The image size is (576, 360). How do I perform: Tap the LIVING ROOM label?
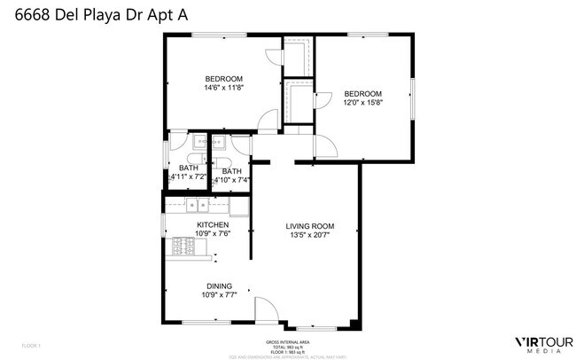(309, 226)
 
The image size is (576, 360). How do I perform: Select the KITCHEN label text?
(213, 225)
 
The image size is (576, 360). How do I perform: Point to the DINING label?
(219, 286)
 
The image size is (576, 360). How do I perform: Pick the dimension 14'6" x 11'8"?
(224, 88)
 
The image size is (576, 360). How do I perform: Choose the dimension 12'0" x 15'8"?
(362, 103)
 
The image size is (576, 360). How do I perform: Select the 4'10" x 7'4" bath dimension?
(232, 180)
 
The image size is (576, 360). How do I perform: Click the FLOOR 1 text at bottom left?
(31, 343)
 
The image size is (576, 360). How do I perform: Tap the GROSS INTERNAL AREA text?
(287, 341)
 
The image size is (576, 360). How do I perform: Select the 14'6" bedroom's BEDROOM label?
(224, 78)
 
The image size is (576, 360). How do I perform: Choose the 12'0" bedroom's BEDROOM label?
(362, 93)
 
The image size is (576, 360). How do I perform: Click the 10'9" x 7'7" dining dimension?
(219, 295)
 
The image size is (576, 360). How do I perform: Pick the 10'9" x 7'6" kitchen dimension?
(213, 235)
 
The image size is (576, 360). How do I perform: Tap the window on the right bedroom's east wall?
(412, 97)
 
